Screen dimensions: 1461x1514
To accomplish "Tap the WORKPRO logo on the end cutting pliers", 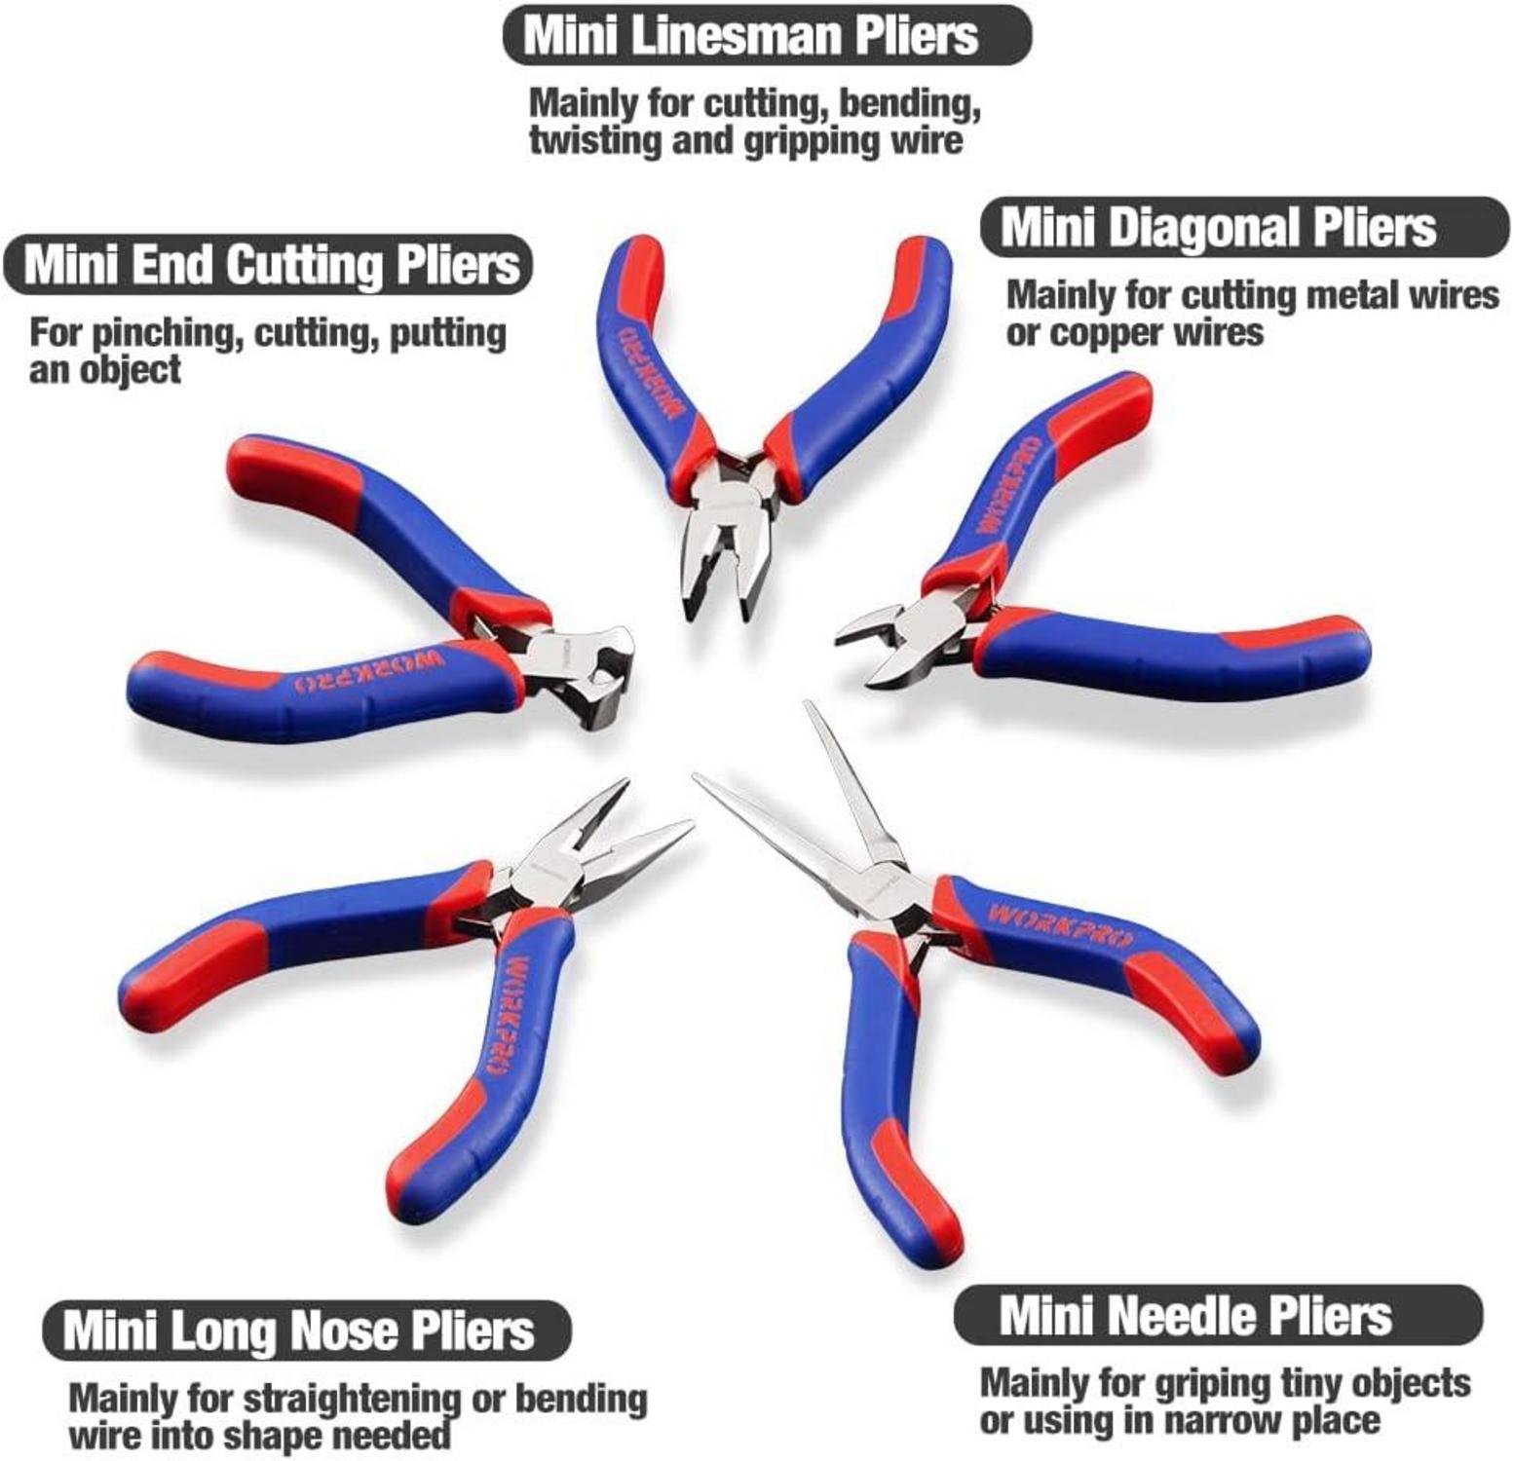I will pos(370,672).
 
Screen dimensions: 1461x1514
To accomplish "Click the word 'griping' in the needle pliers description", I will pos(1212,1383).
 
